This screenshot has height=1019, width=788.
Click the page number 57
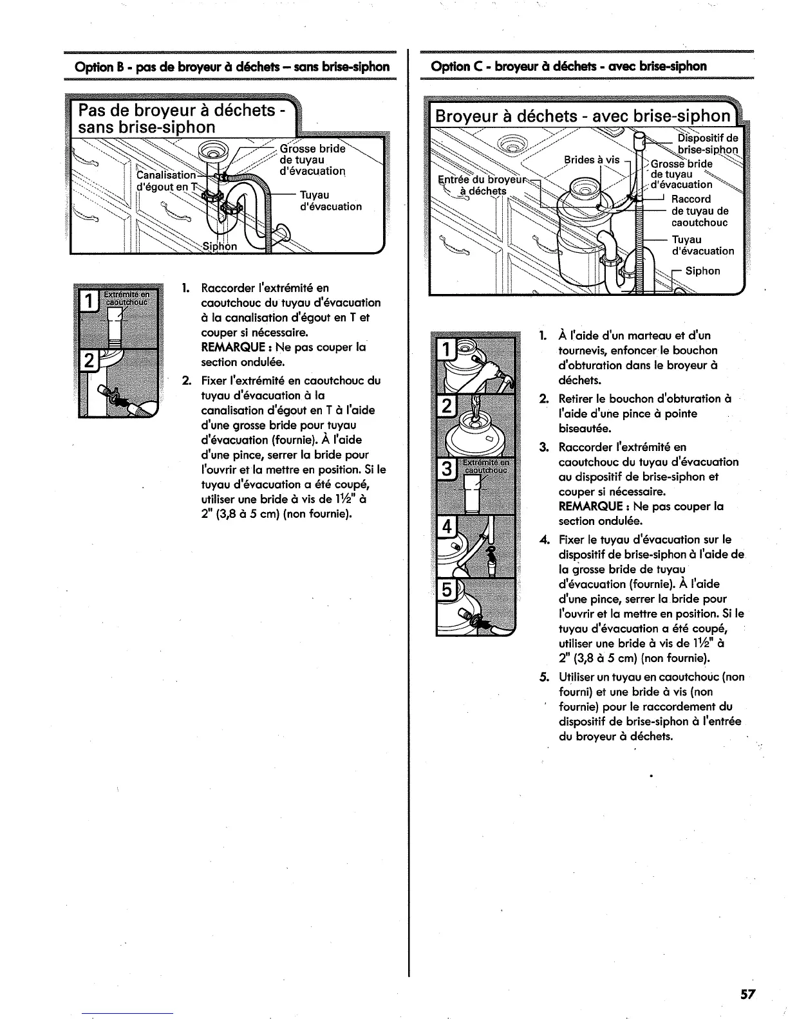point(747,994)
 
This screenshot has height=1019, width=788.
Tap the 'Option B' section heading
point(232,67)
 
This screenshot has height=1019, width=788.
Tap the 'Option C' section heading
point(568,66)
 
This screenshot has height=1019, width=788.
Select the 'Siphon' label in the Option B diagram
point(220,246)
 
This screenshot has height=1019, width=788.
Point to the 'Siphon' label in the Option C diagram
point(702,271)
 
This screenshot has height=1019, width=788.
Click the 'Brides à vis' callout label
point(592,160)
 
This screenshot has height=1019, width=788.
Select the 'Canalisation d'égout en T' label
point(165,180)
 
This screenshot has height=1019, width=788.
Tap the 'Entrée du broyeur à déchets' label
point(477,185)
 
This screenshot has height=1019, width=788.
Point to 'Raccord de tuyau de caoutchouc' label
point(700,211)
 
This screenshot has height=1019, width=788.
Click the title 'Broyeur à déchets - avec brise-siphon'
point(583,116)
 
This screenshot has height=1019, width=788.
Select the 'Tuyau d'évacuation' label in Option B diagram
point(331,200)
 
